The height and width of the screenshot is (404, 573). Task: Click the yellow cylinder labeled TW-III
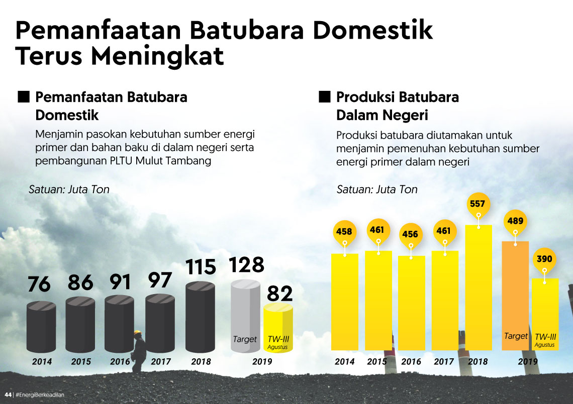278,326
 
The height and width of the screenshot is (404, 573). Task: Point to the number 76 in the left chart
39,285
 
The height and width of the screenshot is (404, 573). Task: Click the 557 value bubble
478,204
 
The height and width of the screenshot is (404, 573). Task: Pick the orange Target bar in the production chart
516,296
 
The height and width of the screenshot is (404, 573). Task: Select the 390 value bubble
544,259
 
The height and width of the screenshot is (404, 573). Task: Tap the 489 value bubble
515,221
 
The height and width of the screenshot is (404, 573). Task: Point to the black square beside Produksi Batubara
324,97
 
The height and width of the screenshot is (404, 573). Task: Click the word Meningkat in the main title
157,56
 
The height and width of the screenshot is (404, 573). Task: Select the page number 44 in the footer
8,394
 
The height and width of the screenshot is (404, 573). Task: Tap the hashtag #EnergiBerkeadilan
40,394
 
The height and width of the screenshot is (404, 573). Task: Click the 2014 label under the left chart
42,361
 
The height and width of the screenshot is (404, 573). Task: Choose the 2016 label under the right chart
411,361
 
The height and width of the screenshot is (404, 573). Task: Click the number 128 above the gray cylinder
246,265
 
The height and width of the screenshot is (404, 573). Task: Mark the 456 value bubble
410,234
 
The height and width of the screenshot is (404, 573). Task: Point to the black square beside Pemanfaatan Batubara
23,97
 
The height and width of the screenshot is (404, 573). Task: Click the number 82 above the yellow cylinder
279,294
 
